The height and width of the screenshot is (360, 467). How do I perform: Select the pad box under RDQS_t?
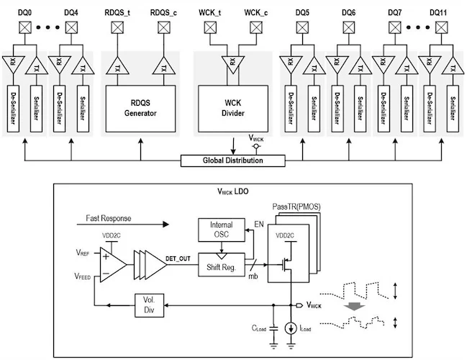[117, 28]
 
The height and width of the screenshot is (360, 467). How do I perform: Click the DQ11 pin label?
[440, 13]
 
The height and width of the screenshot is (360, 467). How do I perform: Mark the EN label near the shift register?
[260, 225]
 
